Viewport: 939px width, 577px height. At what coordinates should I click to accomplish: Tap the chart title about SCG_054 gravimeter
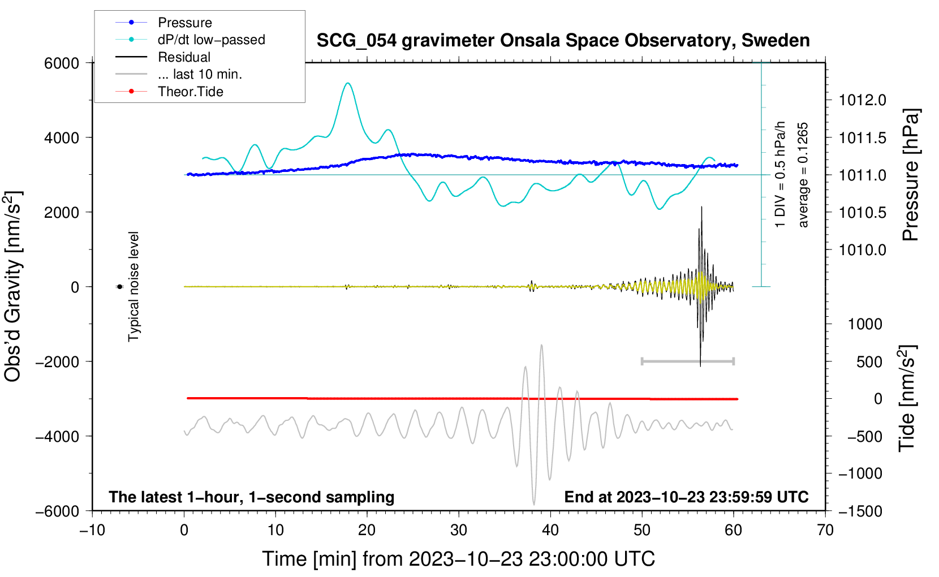563,41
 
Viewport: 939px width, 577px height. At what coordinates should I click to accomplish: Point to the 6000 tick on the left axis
62,63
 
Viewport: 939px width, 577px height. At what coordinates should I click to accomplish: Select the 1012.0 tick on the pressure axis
862,101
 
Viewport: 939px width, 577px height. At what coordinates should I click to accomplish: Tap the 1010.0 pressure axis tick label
862,250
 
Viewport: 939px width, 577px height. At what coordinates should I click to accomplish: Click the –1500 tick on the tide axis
860,511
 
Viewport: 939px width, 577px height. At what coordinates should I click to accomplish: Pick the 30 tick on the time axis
459,531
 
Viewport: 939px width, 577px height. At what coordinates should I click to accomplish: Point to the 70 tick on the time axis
825,531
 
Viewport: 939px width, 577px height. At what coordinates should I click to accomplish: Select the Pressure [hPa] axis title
911,175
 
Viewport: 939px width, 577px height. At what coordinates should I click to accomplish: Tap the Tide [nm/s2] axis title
907,398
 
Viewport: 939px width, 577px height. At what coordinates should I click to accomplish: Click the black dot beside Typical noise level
120,287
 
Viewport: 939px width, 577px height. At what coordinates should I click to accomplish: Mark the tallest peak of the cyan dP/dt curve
348,84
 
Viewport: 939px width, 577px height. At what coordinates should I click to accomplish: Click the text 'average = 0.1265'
803,175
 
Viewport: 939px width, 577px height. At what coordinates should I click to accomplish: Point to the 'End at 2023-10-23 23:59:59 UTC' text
686,497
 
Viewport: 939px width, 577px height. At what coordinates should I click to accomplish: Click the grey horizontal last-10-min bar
687,361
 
